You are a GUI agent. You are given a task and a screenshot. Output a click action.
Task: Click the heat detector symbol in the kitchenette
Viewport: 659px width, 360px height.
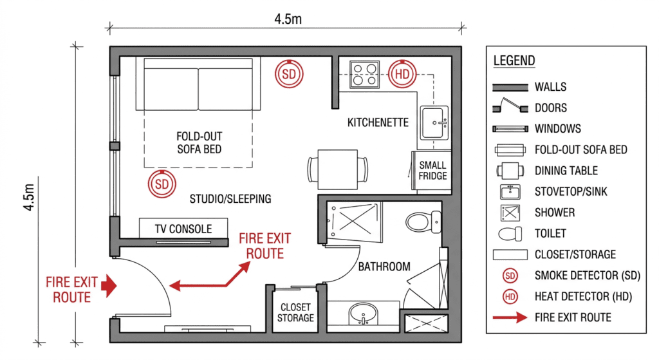pyautogui.click(x=402, y=74)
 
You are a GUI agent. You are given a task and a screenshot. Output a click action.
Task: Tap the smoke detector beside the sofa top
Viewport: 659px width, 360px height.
pyautogui.click(x=289, y=74)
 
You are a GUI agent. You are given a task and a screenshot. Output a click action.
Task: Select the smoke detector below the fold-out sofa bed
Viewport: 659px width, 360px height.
pyautogui.click(x=162, y=184)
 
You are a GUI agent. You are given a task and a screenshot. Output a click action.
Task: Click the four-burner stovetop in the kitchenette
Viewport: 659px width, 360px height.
pyautogui.click(x=364, y=75)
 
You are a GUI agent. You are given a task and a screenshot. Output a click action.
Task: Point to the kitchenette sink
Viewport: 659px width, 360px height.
pyautogui.click(x=434, y=122)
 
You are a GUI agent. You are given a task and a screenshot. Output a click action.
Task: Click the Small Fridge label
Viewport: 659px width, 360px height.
pyautogui.click(x=432, y=170)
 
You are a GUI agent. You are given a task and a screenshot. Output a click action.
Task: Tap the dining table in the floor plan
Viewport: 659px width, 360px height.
pyautogui.click(x=337, y=169)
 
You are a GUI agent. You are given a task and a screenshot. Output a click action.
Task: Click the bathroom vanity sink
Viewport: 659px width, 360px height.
pyautogui.click(x=363, y=314)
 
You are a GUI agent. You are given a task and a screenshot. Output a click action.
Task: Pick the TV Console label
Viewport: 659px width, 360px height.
pyautogui.click(x=183, y=229)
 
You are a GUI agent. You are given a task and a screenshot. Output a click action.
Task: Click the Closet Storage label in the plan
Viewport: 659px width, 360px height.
pyautogui.click(x=295, y=312)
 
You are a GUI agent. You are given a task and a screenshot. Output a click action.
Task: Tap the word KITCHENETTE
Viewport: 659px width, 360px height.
pyautogui.click(x=378, y=122)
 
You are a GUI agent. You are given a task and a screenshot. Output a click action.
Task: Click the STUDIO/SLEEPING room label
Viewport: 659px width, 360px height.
pyautogui.click(x=230, y=198)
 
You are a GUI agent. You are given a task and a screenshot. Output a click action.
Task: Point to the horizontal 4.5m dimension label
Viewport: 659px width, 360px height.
pyautogui.click(x=288, y=19)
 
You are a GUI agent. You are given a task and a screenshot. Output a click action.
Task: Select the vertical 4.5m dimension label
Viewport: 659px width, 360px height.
pyautogui.click(x=28, y=197)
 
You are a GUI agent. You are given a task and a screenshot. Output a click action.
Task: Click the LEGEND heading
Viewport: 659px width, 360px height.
pyautogui.click(x=514, y=61)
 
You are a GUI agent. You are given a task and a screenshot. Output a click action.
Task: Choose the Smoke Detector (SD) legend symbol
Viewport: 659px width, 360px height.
pyautogui.click(x=510, y=276)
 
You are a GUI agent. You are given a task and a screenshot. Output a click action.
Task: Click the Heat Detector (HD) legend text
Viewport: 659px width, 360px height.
pyautogui.click(x=583, y=296)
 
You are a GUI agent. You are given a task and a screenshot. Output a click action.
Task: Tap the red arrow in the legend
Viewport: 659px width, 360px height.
pyautogui.click(x=510, y=317)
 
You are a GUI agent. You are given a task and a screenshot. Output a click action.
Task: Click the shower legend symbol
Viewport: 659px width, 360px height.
pyautogui.click(x=510, y=213)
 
